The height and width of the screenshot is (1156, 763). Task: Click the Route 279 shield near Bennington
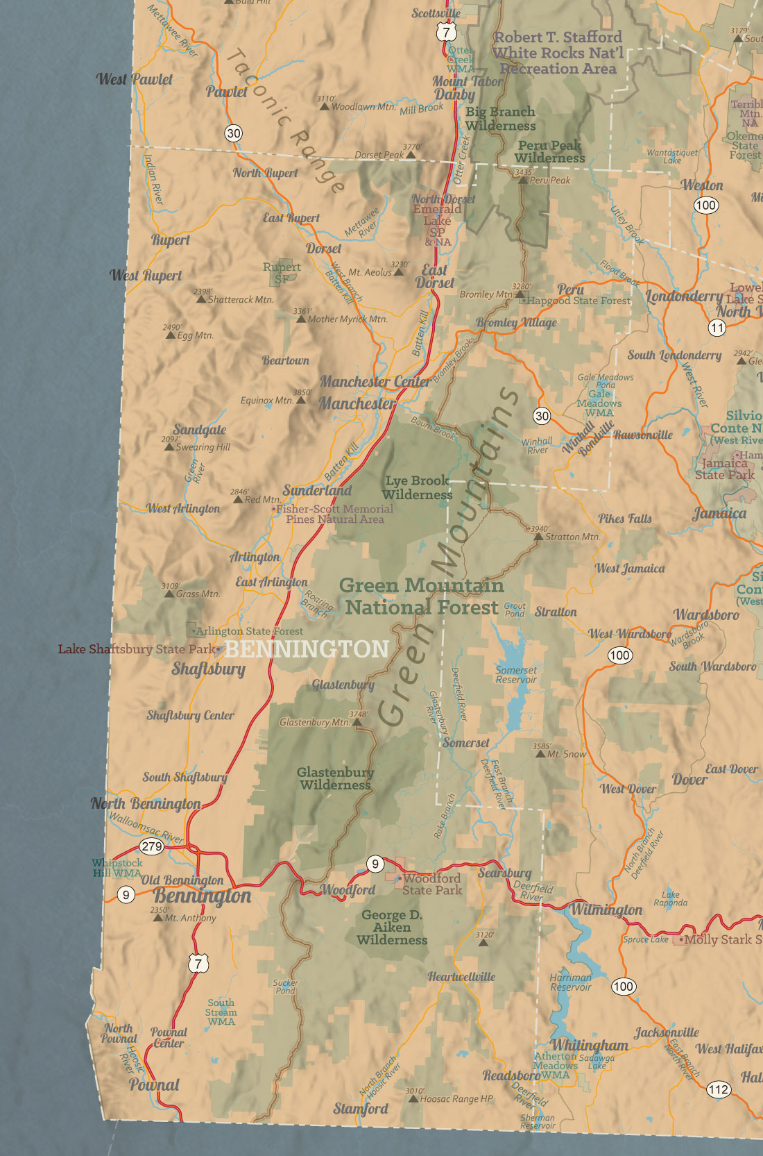[x=151, y=846]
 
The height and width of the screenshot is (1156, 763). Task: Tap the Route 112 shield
[x=718, y=1089]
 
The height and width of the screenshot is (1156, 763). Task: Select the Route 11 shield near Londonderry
[x=717, y=328]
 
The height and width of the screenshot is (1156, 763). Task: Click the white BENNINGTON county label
[x=307, y=649]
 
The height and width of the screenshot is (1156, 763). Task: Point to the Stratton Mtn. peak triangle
[x=538, y=537]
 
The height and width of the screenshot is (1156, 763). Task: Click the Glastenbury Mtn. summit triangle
[x=357, y=723]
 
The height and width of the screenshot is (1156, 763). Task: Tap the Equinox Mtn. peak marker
[x=301, y=401]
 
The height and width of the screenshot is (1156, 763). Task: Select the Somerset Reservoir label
[x=516, y=675]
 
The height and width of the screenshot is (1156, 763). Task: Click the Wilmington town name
[x=606, y=910]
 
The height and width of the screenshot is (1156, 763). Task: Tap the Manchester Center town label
[x=375, y=382]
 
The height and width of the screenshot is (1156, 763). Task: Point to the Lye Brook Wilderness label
[x=417, y=487]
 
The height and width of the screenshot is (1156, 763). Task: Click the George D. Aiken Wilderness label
[x=392, y=928]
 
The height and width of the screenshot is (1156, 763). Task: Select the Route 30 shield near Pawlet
[x=234, y=133]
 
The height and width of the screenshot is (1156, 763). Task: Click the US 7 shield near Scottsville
[x=447, y=32]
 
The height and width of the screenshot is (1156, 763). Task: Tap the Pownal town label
[x=154, y=1085]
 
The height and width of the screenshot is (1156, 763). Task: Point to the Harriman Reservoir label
[x=570, y=982]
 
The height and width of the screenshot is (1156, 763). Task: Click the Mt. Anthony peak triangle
[x=158, y=918]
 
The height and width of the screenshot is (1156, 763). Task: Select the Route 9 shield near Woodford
[x=375, y=864]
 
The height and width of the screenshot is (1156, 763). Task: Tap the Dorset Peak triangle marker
[x=411, y=155]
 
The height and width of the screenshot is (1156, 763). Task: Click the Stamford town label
[x=361, y=1109]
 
